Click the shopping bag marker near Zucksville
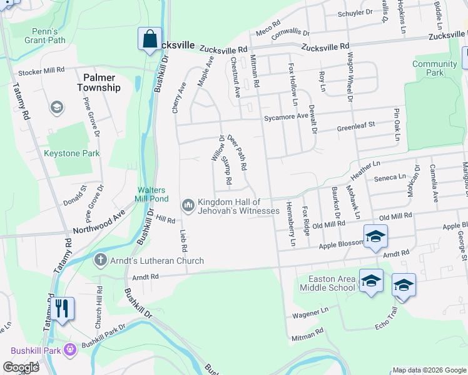click(150, 39)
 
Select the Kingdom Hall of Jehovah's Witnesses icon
click(188, 205)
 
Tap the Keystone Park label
click(72, 153)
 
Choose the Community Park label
click(435, 68)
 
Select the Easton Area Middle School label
click(327, 283)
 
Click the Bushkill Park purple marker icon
click(70, 349)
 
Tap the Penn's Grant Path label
click(45, 36)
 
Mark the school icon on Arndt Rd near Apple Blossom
click(375, 237)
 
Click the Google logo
click(21, 367)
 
